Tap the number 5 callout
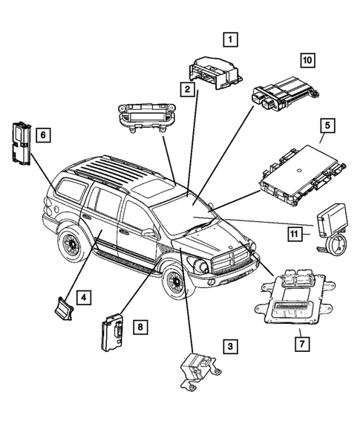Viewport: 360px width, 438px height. [326, 126]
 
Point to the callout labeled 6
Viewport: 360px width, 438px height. [44, 134]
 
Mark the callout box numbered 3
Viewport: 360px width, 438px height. [231, 345]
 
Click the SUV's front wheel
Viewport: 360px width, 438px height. [177, 281]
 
